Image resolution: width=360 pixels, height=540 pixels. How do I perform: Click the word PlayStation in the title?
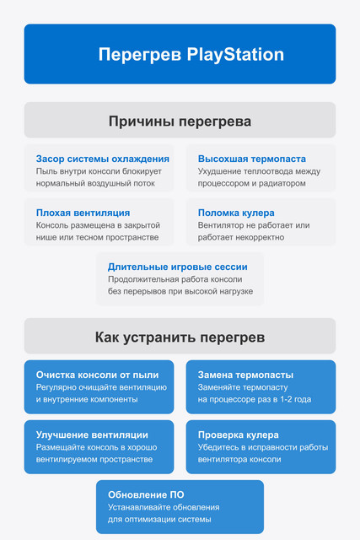[x=235, y=55]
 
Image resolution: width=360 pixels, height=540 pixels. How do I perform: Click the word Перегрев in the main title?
[x=140, y=55]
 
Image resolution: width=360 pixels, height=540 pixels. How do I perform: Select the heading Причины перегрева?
[x=180, y=121]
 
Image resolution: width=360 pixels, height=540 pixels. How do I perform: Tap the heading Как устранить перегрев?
[x=180, y=337]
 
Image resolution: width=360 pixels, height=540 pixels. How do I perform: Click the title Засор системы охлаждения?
[x=103, y=159]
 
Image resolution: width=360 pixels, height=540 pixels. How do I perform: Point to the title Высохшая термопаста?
[x=252, y=159]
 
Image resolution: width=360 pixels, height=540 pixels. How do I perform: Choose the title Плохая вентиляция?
[x=83, y=213]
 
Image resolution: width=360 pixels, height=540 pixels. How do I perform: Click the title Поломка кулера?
[x=236, y=213]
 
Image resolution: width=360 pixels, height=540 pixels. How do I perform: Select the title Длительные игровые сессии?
[x=178, y=267]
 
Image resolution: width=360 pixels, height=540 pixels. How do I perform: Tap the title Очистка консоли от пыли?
[x=98, y=375]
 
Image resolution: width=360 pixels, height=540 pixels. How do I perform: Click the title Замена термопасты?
[x=245, y=375]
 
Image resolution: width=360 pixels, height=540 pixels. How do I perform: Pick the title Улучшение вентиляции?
[x=92, y=435]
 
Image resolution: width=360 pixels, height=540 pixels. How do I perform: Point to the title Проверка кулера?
[x=238, y=435]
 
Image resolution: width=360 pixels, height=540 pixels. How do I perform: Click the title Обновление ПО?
[x=146, y=495]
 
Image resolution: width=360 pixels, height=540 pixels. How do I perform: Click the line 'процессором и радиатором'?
[x=251, y=183]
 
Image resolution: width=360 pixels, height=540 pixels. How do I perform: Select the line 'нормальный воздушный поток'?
[x=95, y=183]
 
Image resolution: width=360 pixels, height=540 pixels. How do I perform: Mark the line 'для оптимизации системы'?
[x=159, y=519]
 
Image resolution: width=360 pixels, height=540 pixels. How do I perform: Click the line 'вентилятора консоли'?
[x=239, y=459]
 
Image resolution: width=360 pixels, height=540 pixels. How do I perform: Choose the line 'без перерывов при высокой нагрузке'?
[x=180, y=291]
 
